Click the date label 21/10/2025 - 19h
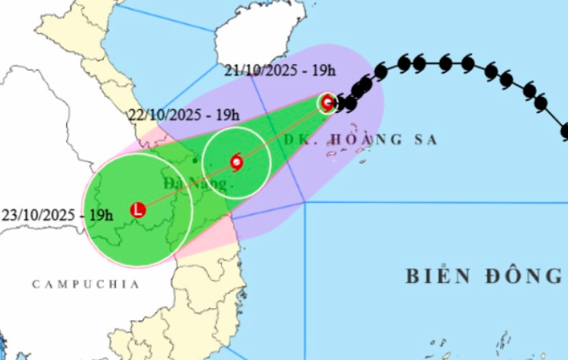coord(281,71)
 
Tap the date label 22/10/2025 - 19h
coord(182,115)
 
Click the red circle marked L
coord(138,209)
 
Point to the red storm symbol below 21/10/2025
coord(328,102)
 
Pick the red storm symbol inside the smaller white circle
coord(236,162)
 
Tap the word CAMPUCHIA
coord(85,284)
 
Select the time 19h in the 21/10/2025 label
coord(323,71)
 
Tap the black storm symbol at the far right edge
coord(564,130)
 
